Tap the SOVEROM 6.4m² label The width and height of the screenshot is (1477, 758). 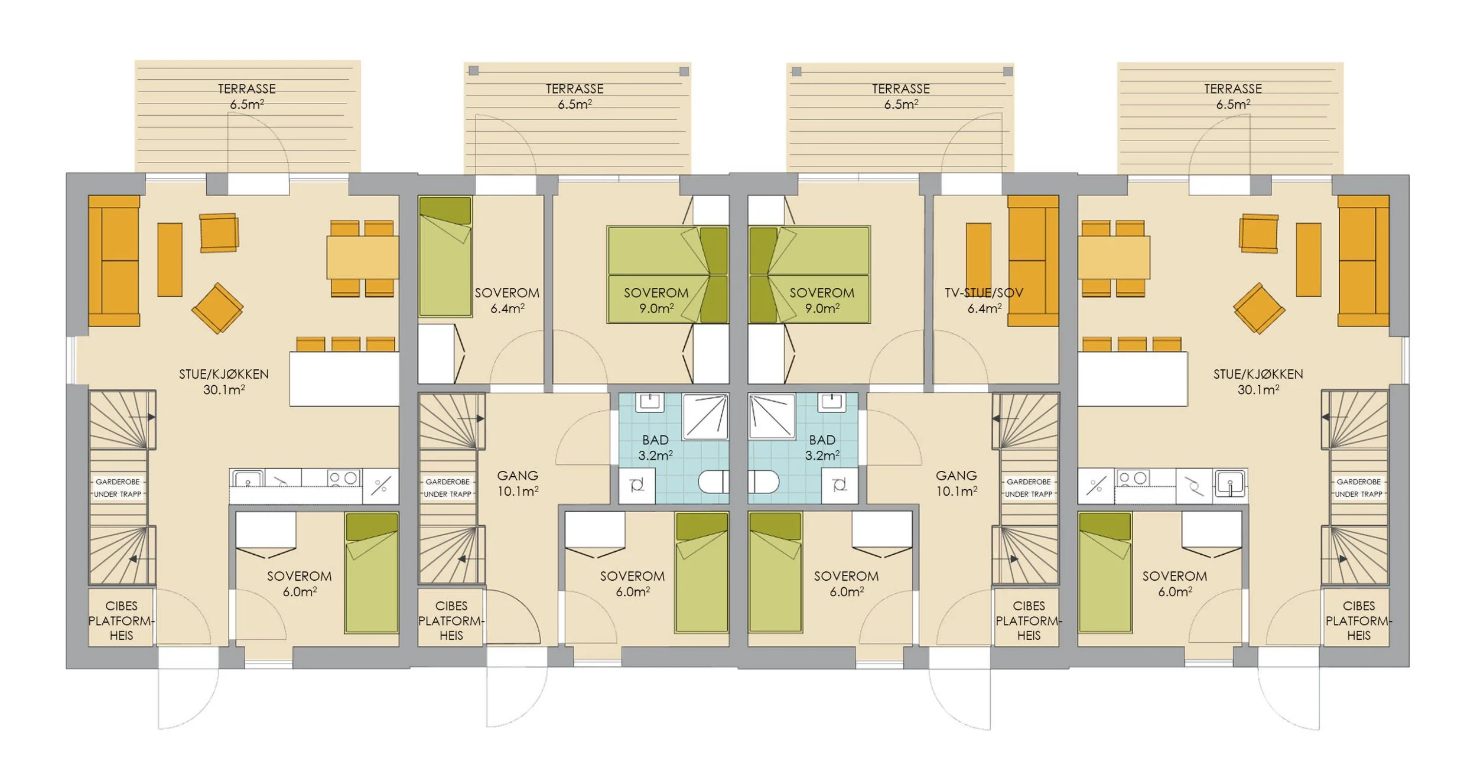[x=507, y=300]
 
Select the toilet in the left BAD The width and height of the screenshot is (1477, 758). [x=714, y=482]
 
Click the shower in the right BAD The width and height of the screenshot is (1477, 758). [x=772, y=417]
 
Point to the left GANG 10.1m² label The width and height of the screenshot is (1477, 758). [x=518, y=483]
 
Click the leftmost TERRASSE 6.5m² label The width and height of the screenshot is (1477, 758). [x=247, y=96]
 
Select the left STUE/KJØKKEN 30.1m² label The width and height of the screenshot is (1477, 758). [x=224, y=381]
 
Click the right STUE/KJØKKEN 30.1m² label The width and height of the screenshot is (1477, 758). [x=1258, y=381]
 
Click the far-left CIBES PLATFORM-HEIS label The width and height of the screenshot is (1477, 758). [x=121, y=620]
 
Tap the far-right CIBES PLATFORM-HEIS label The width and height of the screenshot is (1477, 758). [x=1358, y=620]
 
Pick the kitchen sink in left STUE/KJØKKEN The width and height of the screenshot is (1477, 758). [x=248, y=478]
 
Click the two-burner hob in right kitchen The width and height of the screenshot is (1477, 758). [x=1133, y=478]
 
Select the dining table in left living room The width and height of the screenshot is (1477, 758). [x=362, y=258]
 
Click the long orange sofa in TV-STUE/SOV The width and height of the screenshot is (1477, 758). [x=1033, y=261]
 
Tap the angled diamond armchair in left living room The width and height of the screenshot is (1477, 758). [x=217, y=308]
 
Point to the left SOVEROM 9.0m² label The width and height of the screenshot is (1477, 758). [x=656, y=300]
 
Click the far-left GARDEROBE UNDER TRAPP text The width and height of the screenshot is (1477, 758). [x=118, y=488]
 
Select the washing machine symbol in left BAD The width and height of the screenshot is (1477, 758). [x=637, y=486]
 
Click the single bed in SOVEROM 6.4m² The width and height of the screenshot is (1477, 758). [x=445, y=257]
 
